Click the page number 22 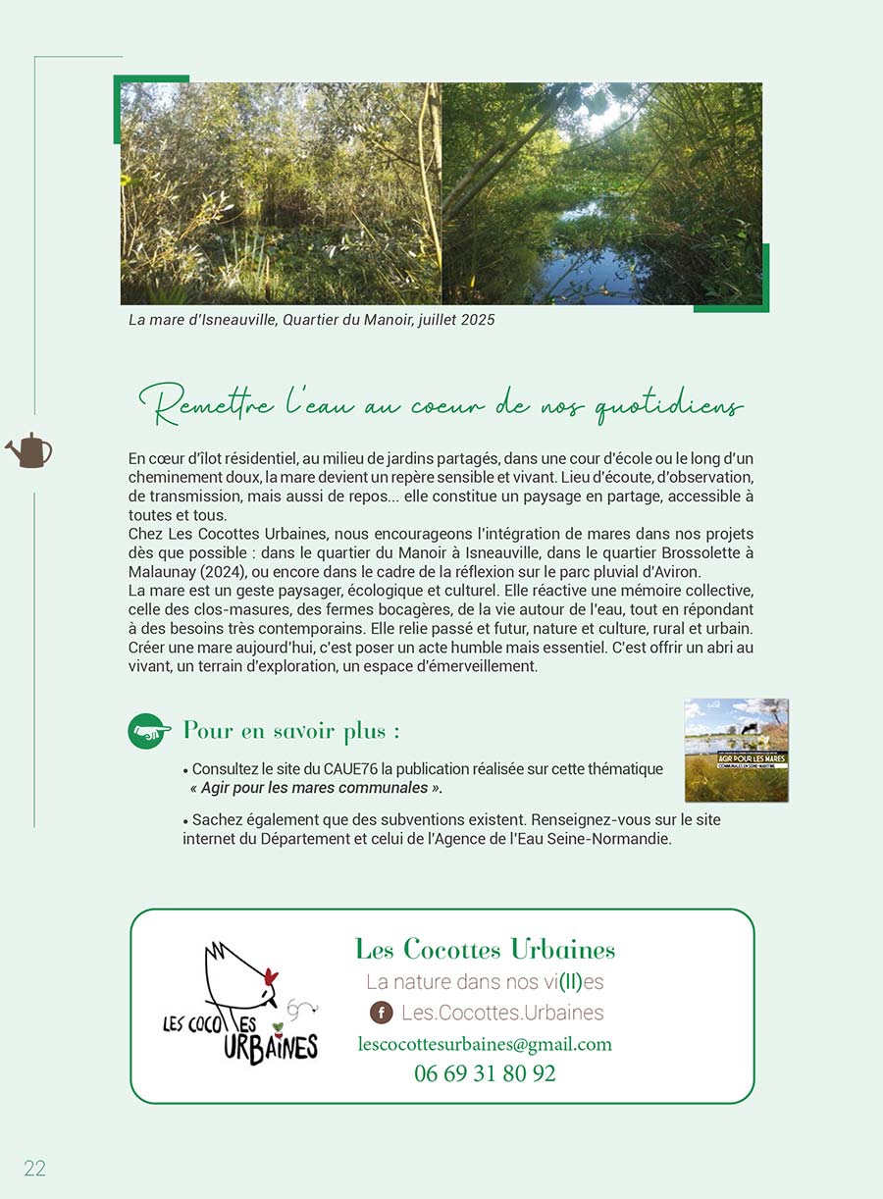(35, 1168)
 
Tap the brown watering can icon (29, 451)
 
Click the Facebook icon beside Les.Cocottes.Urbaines (381, 1013)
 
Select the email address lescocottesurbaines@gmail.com (485, 1044)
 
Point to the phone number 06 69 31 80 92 (485, 1073)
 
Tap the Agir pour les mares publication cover (736, 751)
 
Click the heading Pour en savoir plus (291, 731)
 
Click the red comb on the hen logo (271, 976)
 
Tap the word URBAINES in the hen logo (271, 1047)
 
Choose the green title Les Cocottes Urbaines (485, 949)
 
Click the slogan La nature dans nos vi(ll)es (485, 981)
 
